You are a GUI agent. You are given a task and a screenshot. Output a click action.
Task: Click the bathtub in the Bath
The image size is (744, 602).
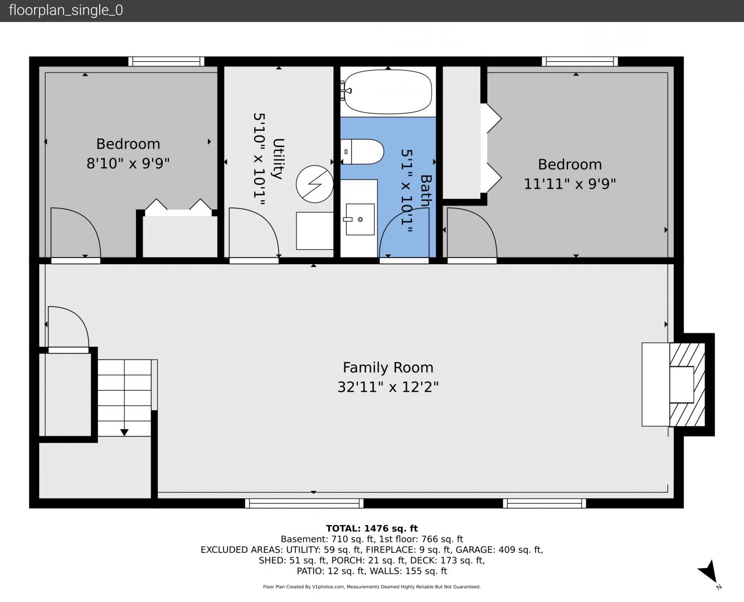[388, 91]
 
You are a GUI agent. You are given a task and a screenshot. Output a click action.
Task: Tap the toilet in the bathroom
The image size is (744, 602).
[362, 152]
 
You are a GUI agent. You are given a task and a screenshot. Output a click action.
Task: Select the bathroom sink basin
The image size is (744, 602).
[360, 219]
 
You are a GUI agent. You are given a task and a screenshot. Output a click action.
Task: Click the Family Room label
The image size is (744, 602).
[388, 367]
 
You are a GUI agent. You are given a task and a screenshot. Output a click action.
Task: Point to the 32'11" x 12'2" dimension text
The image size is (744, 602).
[388, 387]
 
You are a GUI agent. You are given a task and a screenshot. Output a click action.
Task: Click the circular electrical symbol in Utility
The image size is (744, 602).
[314, 184]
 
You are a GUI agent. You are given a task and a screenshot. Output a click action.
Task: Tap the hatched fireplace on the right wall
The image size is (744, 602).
[687, 384]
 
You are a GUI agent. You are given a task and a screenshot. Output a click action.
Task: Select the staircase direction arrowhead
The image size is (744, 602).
[124, 433]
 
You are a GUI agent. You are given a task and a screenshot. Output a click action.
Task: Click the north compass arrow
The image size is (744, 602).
[708, 572]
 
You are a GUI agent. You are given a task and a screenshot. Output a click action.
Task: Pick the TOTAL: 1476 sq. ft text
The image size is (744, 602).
[372, 528]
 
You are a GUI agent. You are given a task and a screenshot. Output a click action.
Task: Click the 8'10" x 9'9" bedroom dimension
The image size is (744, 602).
[128, 163]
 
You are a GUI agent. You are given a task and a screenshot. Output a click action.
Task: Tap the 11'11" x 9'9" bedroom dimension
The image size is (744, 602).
[570, 184]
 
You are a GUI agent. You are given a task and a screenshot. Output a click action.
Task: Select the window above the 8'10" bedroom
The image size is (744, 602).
[166, 61]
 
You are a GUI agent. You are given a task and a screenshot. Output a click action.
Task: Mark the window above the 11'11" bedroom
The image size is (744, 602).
[580, 61]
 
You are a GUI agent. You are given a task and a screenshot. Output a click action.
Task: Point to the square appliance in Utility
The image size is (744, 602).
[315, 231]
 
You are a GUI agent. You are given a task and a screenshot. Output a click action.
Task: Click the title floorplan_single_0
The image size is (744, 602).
[66, 11]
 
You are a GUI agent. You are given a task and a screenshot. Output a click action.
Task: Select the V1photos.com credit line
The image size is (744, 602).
[372, 586]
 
